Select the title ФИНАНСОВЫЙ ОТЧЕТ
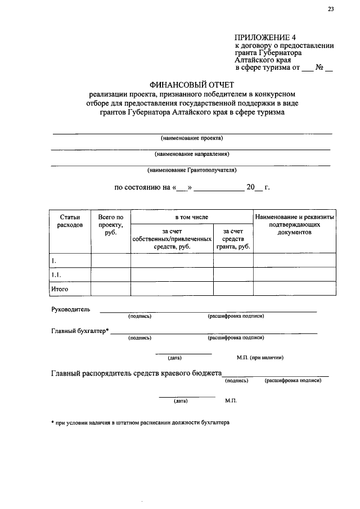(x=191, y=83)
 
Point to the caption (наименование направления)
(x=192, y=154)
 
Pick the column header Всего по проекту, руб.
(x=110, y=225)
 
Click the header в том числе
(x=191, y=217)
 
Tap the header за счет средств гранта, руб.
(x=233, y=238)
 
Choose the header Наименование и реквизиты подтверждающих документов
(x=294, y=224)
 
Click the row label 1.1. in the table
(x=56, y=274)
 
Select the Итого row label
(x=60, y=289)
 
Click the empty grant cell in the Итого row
(x=233, y=289)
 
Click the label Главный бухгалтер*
(x=79, y=331)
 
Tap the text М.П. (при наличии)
(x=259, y=357)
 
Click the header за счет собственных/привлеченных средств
(x=172, y=238)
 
